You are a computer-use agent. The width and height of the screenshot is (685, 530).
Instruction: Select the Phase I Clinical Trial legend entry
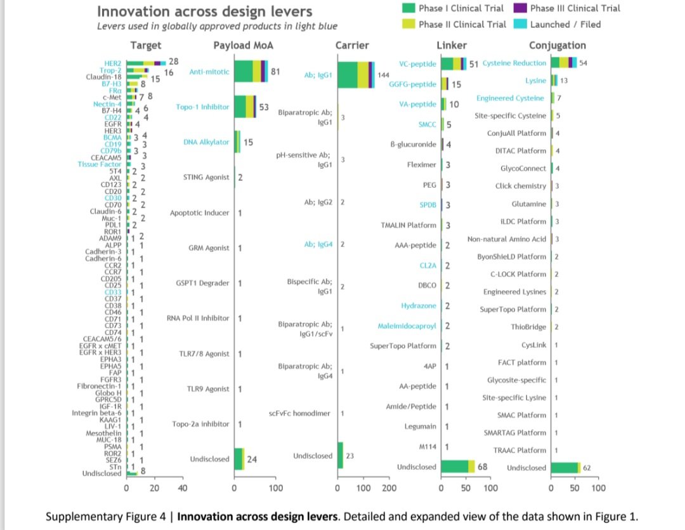tap(460, 8)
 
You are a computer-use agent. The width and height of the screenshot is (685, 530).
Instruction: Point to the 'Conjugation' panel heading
tap(557, 45)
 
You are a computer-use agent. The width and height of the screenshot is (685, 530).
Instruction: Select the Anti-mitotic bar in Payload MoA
tap(251, 72)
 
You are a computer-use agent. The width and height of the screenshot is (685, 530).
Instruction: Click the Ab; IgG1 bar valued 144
tap(355, 75)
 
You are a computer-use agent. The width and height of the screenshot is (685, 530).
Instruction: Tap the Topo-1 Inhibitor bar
tap(245, 107)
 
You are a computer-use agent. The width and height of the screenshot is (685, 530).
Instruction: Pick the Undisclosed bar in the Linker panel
tap(457, 467)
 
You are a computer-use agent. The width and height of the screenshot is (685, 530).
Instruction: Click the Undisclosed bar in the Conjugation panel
tap(565, 468)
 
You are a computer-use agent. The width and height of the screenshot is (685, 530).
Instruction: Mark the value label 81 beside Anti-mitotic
tap(275, 72)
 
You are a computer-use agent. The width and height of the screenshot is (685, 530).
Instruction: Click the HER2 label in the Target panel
tap(114, 63)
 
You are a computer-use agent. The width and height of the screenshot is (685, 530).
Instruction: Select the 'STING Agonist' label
tap(207, 177)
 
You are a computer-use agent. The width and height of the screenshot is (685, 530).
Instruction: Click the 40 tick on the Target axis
tap(182, 488)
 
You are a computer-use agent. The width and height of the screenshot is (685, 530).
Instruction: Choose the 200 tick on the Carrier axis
tap(389, 488)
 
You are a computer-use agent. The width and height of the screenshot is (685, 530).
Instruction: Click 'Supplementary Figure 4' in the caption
tap(109, 515)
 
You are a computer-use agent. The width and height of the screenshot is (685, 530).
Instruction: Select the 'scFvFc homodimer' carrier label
tap(299, 413)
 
